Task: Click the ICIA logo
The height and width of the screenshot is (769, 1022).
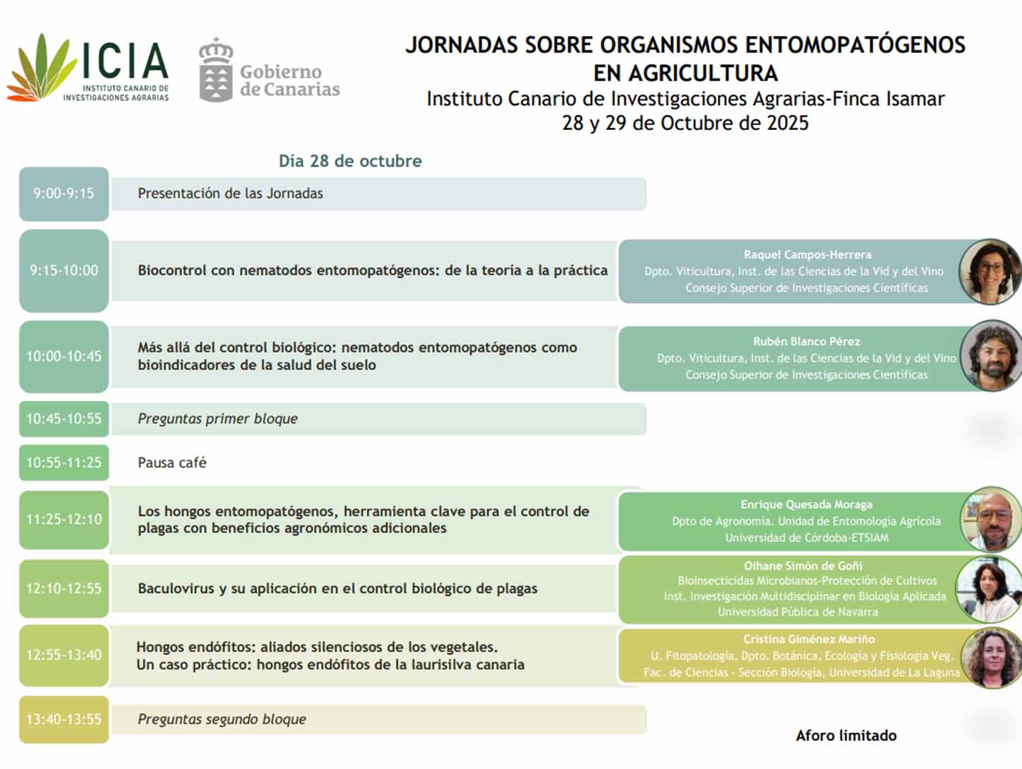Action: click(x=88, y=68)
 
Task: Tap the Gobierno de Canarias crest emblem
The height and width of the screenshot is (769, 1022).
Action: click(x=215, y=71)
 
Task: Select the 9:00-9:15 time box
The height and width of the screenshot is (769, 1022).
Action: click(x=64, y=193)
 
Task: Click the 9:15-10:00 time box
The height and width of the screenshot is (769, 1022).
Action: click(x=64, y=270)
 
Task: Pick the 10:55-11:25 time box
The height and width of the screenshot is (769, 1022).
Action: click(x=64, y=463)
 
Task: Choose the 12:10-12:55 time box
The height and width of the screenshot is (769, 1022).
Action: click(x=64, y=588)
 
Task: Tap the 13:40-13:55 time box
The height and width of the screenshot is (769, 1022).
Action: click(x=64, y=720)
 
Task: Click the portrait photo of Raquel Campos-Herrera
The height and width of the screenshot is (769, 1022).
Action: click(x=990, y=272)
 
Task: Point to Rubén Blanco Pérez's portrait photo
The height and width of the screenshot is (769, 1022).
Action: click(x=992, y=356)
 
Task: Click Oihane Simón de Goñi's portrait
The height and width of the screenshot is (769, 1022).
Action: click(x=988, y=588)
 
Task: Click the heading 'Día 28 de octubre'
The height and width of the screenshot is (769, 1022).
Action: click(x=350, y=161)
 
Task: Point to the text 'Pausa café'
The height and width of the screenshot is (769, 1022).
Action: click(x=172, y=463)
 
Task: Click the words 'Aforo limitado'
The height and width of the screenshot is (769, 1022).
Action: click(x=846, y=736)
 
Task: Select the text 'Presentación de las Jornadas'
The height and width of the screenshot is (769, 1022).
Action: click(x=230, y=193)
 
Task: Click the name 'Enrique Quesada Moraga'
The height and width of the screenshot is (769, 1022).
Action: click(x=806, y=504)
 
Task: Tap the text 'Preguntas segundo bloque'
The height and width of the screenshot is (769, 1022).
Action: click(x=222, y=720)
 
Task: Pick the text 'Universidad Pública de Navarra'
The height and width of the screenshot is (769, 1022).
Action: click(x=798, y=612)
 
